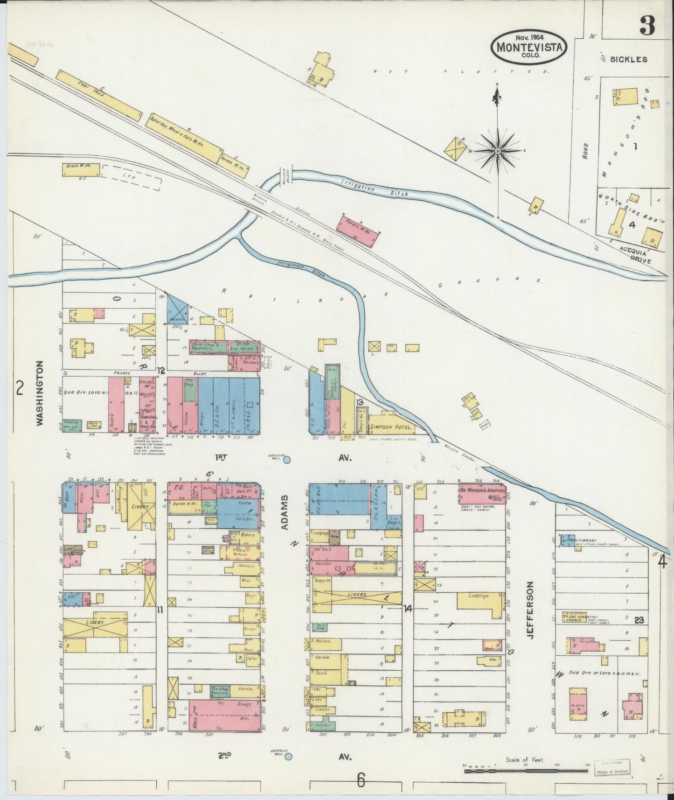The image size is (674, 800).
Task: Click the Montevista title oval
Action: pos(528,46)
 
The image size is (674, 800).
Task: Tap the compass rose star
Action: pos(498,151)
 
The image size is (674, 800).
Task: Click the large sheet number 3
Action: pos(647,26)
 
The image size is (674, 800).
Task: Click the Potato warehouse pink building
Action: pos(358,229)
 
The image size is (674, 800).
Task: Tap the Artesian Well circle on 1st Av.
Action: pos(287,460)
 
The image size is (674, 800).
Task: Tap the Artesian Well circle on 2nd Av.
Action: pos(288,756)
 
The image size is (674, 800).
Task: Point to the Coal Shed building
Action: pos(99,96)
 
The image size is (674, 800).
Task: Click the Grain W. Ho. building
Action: pos(81,169)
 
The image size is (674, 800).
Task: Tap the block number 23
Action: pos(639,620)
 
